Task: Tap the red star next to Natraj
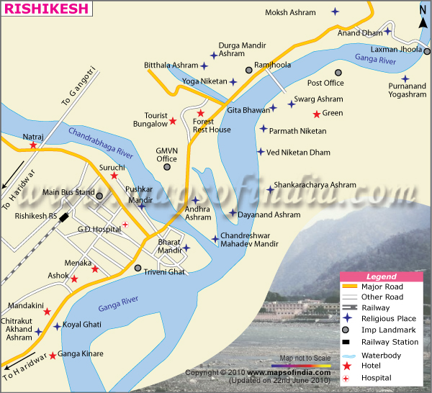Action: (33, 145)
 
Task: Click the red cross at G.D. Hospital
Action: (125, 225)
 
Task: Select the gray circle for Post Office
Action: (338, 72)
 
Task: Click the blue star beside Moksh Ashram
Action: (335, 12)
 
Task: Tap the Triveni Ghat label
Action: (167, 271)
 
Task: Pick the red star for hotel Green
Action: (316, 114)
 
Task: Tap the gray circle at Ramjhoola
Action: (249, 70)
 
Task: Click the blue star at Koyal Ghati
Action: (58, 326)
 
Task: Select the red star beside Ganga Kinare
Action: (53, 355)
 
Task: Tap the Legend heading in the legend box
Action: (382, 276)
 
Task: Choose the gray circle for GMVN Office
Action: (167, 167)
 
